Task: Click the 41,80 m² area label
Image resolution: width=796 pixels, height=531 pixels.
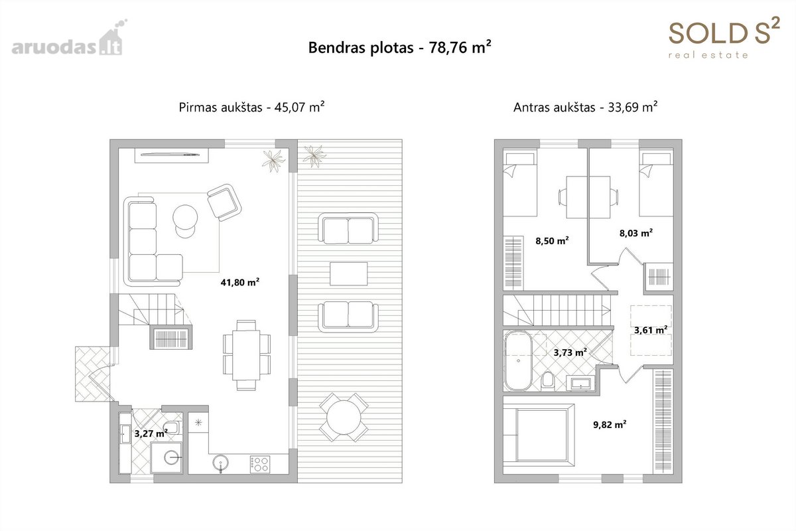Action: click(x=240, y=282)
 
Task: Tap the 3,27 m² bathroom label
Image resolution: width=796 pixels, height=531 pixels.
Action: click(x=151, y=433)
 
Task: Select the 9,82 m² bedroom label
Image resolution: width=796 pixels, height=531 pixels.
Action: click(x=610, y=424)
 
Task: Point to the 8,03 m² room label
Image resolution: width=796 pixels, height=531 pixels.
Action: click(x=635, y=233)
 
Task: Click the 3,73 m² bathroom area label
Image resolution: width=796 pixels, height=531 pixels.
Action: click(x=570, y=352)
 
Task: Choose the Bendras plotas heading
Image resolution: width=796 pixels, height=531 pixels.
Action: click(x=400, y=47)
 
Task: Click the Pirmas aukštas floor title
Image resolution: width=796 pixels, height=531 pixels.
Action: click(x=251, y=107)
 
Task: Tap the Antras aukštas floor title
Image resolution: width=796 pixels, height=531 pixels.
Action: click(x=585, y=107)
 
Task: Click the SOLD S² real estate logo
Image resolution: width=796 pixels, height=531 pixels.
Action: click(x=724, y=38)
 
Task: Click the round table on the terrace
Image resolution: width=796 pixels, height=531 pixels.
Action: click(x=344, y=417)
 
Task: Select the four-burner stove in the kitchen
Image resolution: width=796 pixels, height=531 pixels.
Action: click(x=260, y=465)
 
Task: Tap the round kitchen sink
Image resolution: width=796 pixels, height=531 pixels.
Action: click(x=221, y=463)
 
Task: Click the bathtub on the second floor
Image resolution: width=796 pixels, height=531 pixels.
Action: click(x=518, y=361)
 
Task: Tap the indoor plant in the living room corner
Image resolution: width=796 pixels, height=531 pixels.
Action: click(x=273, y=161)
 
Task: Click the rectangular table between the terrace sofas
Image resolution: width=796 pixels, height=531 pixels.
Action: click(x=349, y=273)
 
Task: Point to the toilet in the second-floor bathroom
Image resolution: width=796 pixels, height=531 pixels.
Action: click(x=548, y=381)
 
